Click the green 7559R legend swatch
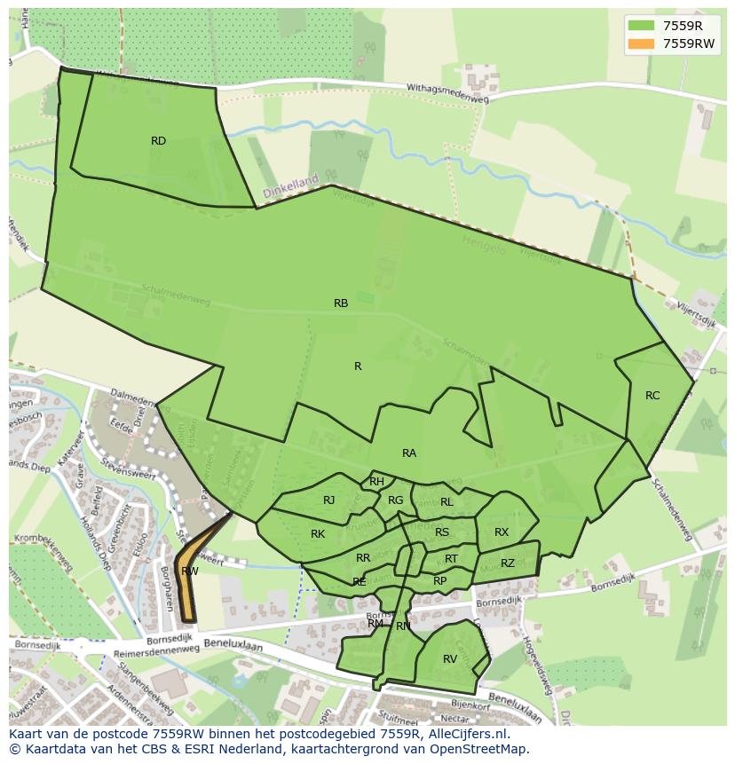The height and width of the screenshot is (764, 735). point(640,26)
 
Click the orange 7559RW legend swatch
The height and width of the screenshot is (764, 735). point(640,43)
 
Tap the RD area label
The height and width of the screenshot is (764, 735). point(158,140)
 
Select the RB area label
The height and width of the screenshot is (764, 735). point(341,303)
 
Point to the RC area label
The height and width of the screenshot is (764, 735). point(652,396)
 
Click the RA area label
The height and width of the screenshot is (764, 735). point(409,453)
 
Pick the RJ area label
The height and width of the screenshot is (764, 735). point(328,500)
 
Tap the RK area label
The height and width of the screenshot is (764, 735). point(318,533)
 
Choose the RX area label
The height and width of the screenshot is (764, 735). point(502,532)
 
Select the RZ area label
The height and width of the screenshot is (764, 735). point(508,563)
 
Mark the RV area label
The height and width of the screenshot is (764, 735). point(450,658)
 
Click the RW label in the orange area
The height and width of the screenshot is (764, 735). point(189,571)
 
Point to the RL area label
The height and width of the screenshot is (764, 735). point(447,502)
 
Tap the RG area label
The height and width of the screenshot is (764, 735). point(395,500)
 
